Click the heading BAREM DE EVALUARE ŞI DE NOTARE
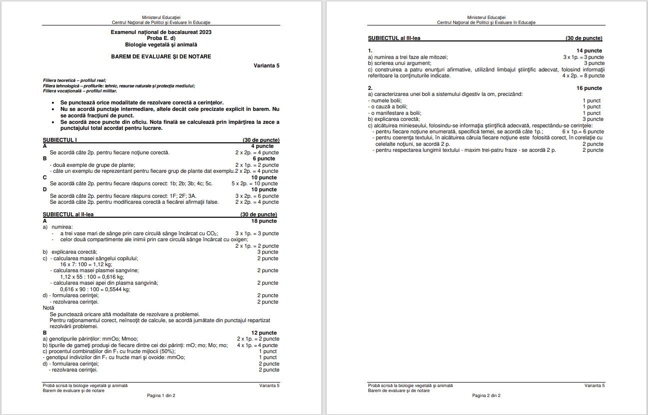[x=161, y=56]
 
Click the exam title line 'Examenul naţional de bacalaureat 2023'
[x=161, y=32]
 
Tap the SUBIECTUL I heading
[x=59, y=140]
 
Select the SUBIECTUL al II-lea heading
[x=68, y=215]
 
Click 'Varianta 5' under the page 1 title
[x=266, y=66]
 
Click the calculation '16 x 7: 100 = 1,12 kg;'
[x=86, y=264]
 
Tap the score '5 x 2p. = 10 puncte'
[x=255, y=184]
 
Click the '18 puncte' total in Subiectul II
[x=264, y=221]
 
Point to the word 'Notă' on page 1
[x=48, y=308]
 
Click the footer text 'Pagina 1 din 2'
[x=161, y=396]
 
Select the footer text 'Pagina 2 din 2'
[x=486, y=396]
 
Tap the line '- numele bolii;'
[x=385, y=101]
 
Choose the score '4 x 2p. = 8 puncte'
[x=583, y=76]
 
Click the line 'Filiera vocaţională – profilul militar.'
[x=80, y=91]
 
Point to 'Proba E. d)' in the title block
[x=161, y=38]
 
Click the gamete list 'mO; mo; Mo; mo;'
[x=213, y=345]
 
